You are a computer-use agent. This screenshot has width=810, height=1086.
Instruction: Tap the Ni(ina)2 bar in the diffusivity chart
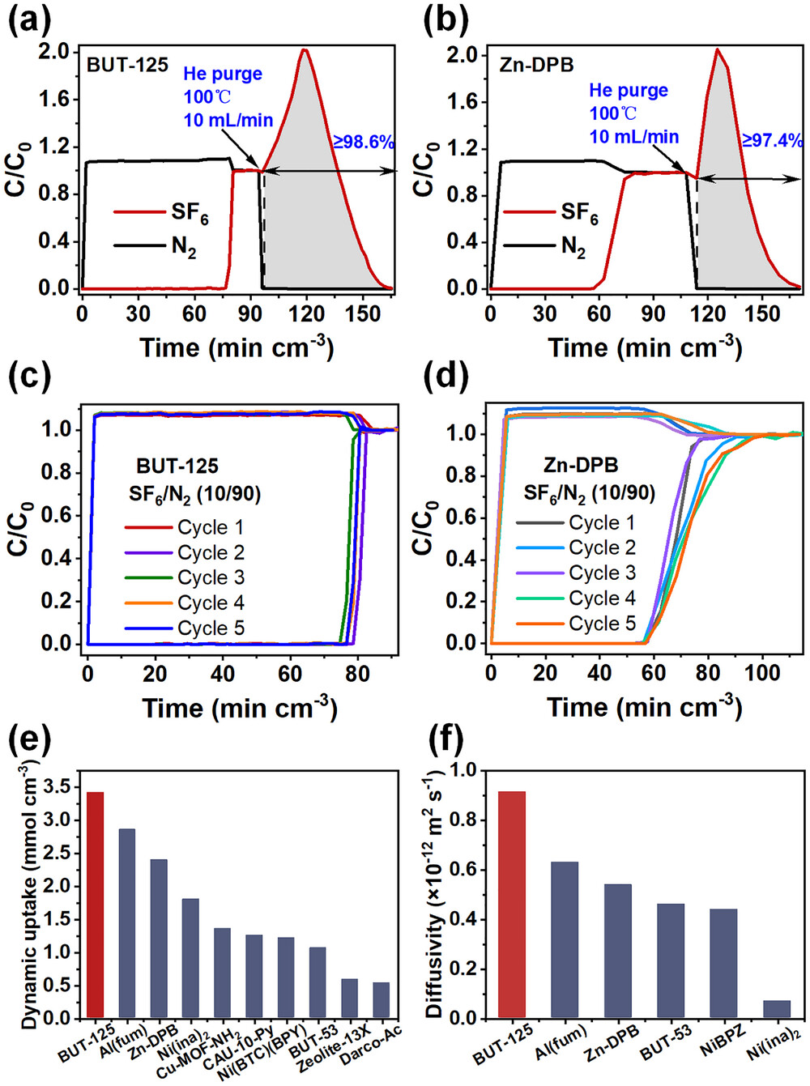776,1009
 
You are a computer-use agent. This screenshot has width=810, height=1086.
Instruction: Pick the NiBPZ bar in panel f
723,963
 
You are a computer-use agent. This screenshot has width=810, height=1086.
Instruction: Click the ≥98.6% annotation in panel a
364,142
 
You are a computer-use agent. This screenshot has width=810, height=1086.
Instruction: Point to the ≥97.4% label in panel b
772,140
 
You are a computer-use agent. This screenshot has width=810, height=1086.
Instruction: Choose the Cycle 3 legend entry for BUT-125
211,577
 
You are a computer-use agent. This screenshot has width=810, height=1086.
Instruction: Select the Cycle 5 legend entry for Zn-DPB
602,624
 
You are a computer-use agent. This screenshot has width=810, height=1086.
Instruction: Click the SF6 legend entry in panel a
190,212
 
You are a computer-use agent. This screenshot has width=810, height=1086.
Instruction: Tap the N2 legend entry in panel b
573,245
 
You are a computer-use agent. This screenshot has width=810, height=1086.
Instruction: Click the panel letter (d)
446,377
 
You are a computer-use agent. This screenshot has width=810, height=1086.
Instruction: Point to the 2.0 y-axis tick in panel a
54,51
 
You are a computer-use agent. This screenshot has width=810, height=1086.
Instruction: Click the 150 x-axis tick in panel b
761,313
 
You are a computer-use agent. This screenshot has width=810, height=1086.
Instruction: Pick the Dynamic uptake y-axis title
30,895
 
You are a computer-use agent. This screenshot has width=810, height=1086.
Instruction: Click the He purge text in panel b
629,90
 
